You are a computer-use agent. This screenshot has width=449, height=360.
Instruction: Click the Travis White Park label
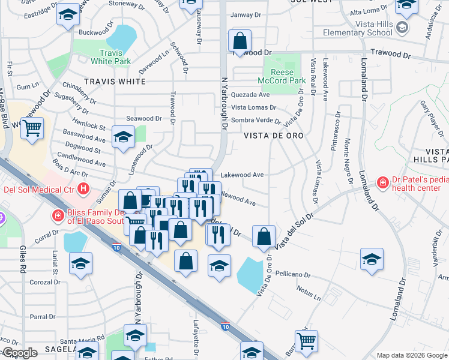[x=111, y=57]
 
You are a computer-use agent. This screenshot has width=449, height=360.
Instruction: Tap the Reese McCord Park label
[x=282, y=76]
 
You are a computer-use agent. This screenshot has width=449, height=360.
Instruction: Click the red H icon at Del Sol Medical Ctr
[x=83, y=190]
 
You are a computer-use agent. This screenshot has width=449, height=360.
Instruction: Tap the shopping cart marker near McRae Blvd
[x=32, y=128]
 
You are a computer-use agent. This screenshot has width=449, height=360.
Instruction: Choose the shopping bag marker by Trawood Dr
[x=240, y=41]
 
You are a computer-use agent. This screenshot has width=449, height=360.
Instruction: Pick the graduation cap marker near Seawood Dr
[x=123, y=137]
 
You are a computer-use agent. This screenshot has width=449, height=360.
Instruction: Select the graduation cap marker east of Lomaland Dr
[x=372, y=259]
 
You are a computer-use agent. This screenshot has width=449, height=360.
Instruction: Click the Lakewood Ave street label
[x=243, y=175]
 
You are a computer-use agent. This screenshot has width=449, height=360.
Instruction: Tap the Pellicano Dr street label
[x=290, y=275]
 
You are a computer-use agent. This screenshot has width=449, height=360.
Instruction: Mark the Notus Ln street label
[x=309, y=295]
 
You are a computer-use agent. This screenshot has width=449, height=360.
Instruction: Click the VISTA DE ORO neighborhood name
[x=273, y=136]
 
